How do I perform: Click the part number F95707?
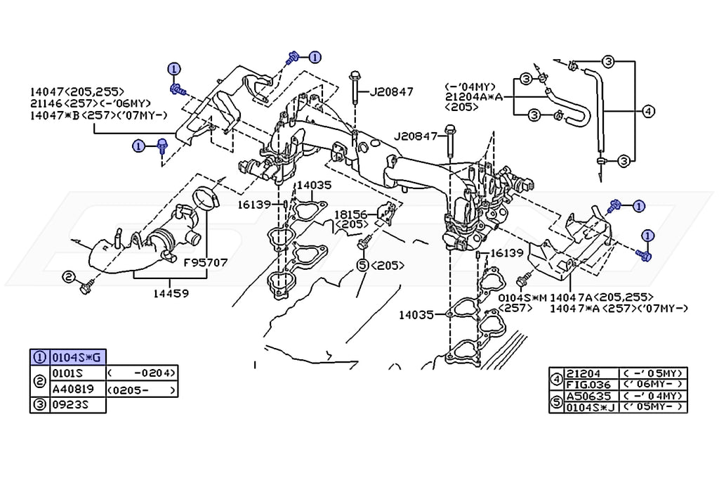(206, 263)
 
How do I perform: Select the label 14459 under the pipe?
(171, 293)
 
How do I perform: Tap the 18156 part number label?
(350, 214)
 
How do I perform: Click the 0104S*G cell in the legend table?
(78, 357)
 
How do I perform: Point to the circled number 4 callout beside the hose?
(648, 111)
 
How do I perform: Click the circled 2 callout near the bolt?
(68, 277)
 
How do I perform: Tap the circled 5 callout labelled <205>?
(363, 265)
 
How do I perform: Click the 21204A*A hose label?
(474, 97)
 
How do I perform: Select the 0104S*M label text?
(522, 297)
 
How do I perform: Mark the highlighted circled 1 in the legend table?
(40, 357)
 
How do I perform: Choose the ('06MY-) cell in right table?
(653, 385)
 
